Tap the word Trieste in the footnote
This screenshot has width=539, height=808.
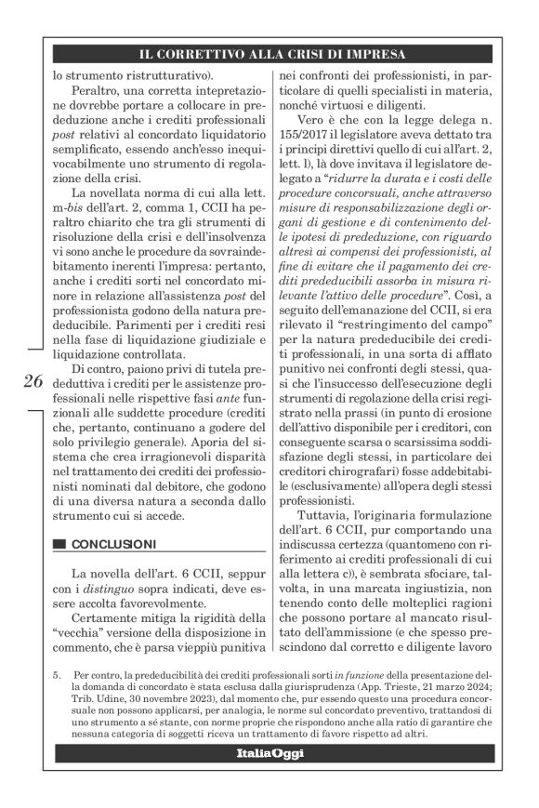tap(420, 683)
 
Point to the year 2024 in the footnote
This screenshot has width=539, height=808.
tap(492, 683)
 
